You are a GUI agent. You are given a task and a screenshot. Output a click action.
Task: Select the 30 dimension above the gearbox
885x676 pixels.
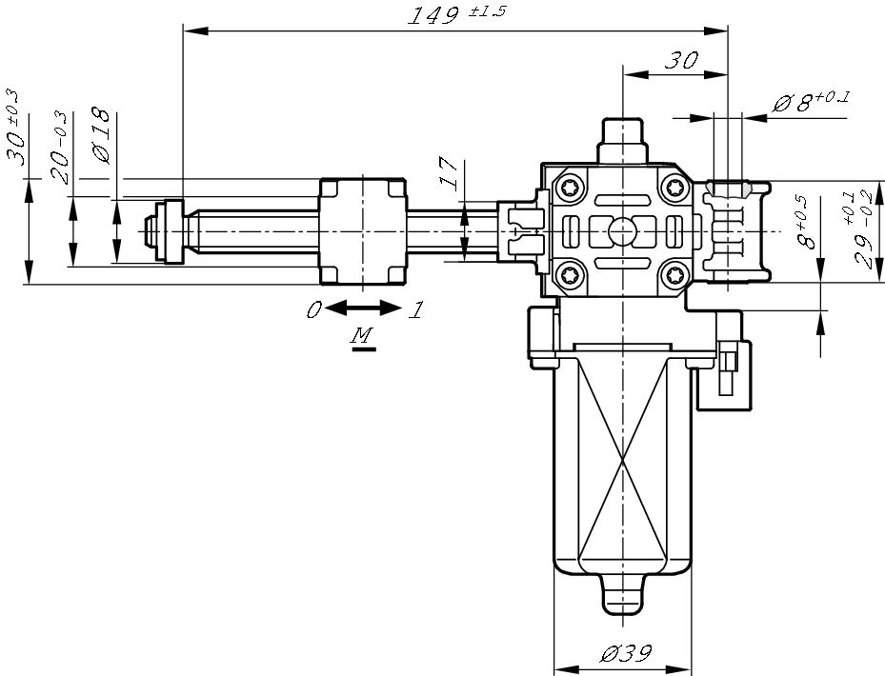pos(680,60)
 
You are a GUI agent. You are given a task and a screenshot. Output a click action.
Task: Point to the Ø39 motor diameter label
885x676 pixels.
pos(625,654)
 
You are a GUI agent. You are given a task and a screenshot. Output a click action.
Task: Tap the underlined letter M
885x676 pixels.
pos(362,336)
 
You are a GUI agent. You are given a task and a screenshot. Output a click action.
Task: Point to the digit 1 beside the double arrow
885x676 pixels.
pos(415,309)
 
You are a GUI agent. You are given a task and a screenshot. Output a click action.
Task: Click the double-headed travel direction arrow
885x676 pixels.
pos(364,308)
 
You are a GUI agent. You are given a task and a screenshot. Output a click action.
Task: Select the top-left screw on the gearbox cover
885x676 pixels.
pos(570,187)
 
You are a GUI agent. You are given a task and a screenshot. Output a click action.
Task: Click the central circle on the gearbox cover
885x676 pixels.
pos(621,230)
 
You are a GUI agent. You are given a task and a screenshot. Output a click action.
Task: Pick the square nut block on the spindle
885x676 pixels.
pos(364,230)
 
